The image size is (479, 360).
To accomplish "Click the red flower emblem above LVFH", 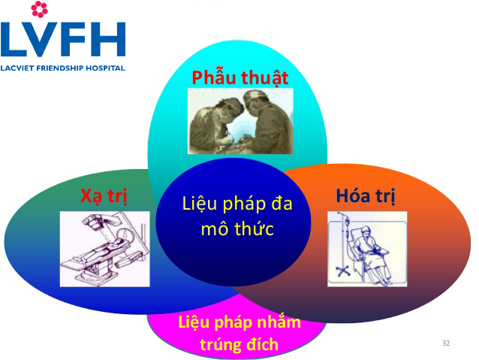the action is pyautogui.click(x=39, y=9).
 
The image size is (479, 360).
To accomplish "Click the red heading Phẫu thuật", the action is pyautogui.click(x=240, y=77).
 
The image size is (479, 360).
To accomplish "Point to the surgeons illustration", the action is pyautogui.click(x=240, y=121).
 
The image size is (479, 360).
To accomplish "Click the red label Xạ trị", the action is pyautogui.click(x=104, y=195).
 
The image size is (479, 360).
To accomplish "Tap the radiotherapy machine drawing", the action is pyautogui.click(x=105, y=249).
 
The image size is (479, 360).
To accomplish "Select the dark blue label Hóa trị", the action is pyautogui.click(x=366, y=195).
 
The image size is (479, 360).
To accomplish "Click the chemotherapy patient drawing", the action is pyautogui.click(x=367, y=249).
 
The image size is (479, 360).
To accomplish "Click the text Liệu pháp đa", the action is pyautogui.click(x=237, y=204).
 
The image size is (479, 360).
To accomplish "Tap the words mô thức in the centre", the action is pyautogui.click(x=237, y=228).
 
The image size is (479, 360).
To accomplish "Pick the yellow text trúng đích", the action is pyautogui.click(x=239, y=344).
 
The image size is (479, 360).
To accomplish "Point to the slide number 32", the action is pyautogui.click(x=446, y=343).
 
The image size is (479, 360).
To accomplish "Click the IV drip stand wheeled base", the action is pyautogui.click(x=342, y=271).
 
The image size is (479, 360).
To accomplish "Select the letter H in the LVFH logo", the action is pyautogui.click(x=108, y=39).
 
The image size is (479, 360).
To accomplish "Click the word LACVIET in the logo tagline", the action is pyautogui.click(x=18, y=68).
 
